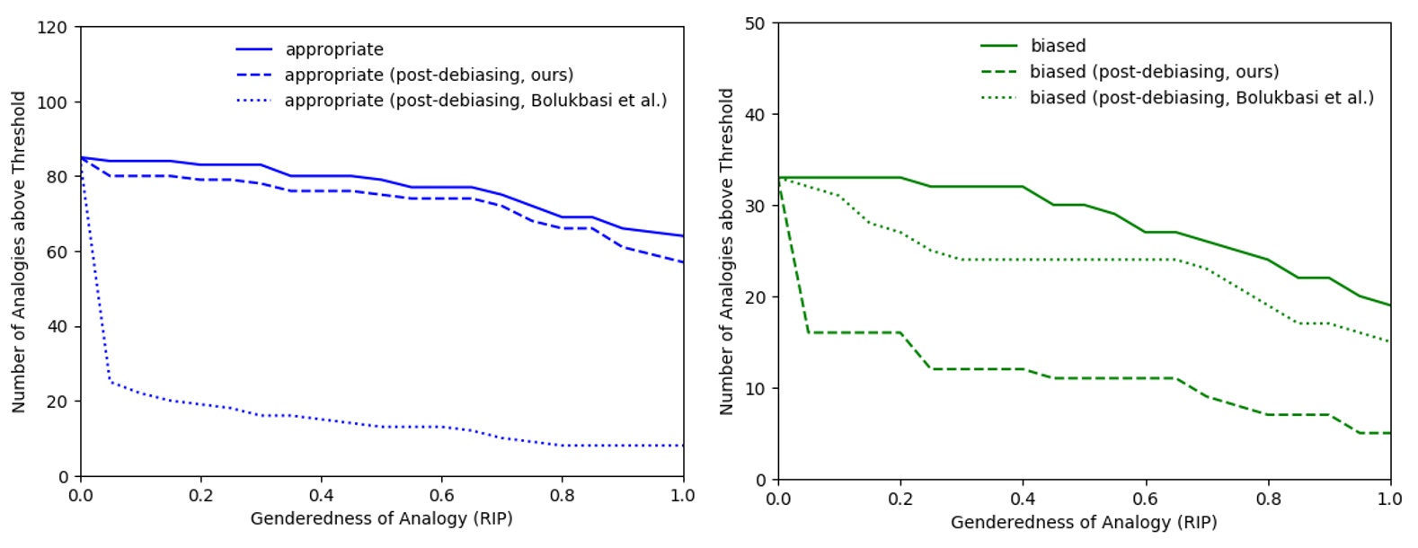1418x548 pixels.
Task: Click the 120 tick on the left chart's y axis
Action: [x=52, y=27]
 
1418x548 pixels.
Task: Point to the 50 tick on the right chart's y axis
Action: [x=755, y=23]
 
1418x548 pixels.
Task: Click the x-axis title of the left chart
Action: [x=381, y=518]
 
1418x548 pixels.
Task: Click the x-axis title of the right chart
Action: [x=1083, y=522]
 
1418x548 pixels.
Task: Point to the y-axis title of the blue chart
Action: [x=19, y=252]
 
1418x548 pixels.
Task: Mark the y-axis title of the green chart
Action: [x=727, y=252]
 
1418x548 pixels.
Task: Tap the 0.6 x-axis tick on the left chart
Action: [x=441, y=495]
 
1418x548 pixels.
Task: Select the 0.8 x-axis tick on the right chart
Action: [x=1268, y=499]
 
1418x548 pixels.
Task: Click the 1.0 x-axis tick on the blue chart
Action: [x=683, y=495]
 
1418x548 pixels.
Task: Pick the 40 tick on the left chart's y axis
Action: [x=57, y=326]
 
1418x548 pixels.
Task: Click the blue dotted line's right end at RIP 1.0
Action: [x=683, y=446]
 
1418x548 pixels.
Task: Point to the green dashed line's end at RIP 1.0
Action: [x=1390, y=433]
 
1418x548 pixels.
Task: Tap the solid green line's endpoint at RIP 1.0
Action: [x=1390, y=305]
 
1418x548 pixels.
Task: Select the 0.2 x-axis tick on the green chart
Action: [x=900, y=499]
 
